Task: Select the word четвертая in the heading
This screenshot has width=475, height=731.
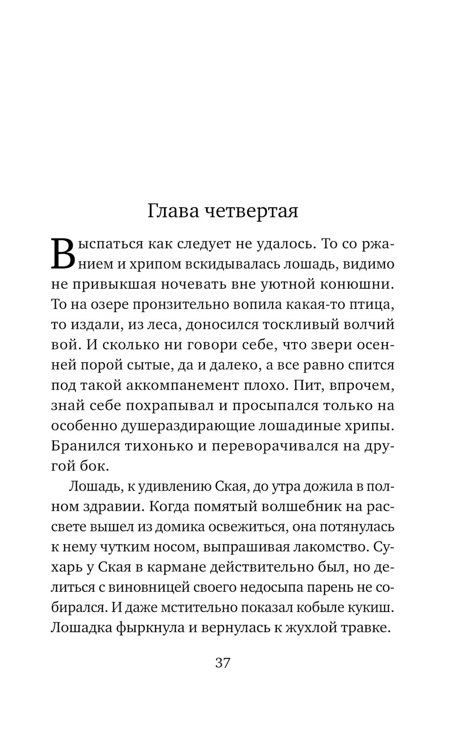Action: coord(251,211)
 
